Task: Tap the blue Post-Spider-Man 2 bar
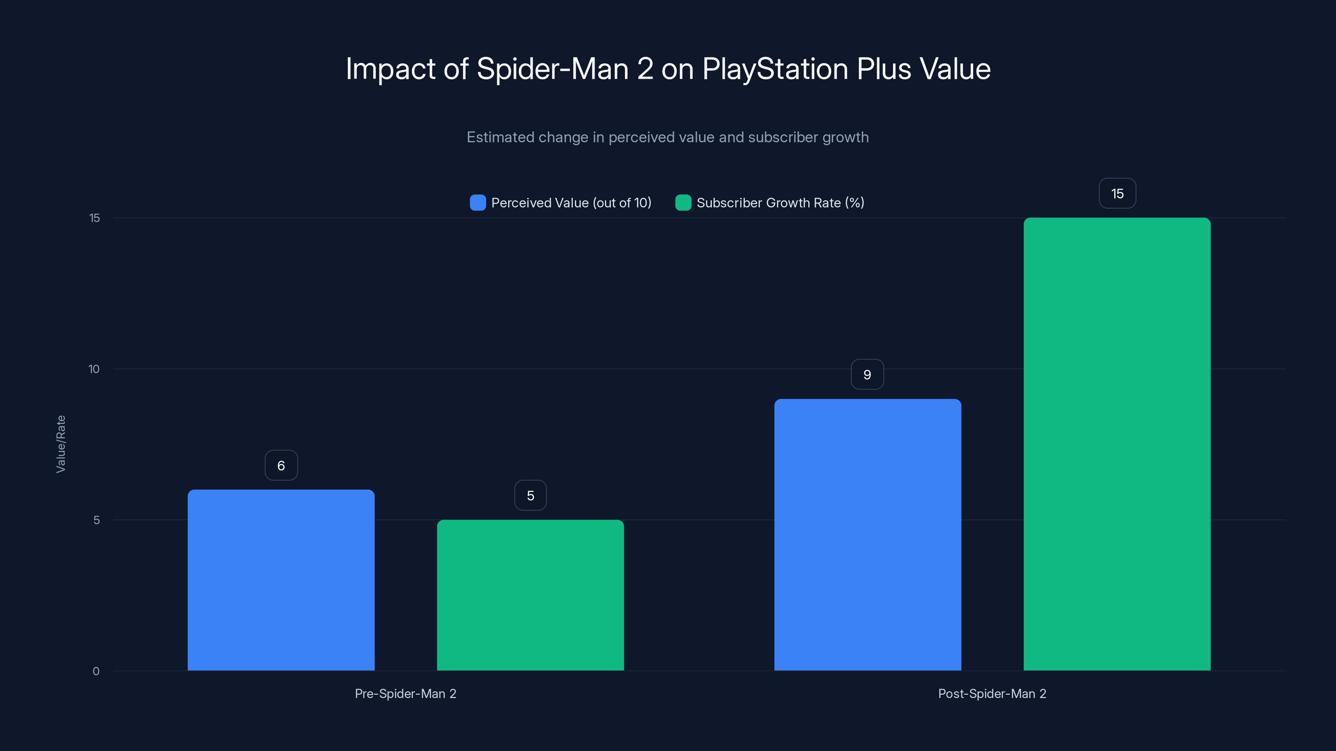click(867, 534)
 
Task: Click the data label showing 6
click(281, 466)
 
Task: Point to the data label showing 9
click(867, 374)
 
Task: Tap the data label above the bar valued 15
click(1117, 193)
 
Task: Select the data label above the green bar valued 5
click(530, 496)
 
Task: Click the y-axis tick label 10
click(94, 369)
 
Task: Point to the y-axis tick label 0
click(96, 671)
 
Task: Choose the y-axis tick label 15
click(94, 218)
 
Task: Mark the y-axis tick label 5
click(96, 520)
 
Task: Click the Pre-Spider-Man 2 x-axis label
click(405, 693)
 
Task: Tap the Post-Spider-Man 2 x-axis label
click(992, 693)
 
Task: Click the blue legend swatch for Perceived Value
click(478, 203)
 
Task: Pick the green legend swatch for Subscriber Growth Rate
click(683, 203)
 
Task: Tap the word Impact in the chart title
click(390, 69)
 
